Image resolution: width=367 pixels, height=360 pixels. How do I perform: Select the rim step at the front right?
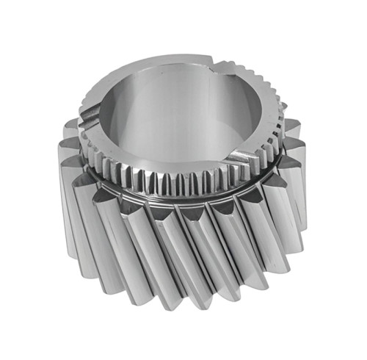242,152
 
